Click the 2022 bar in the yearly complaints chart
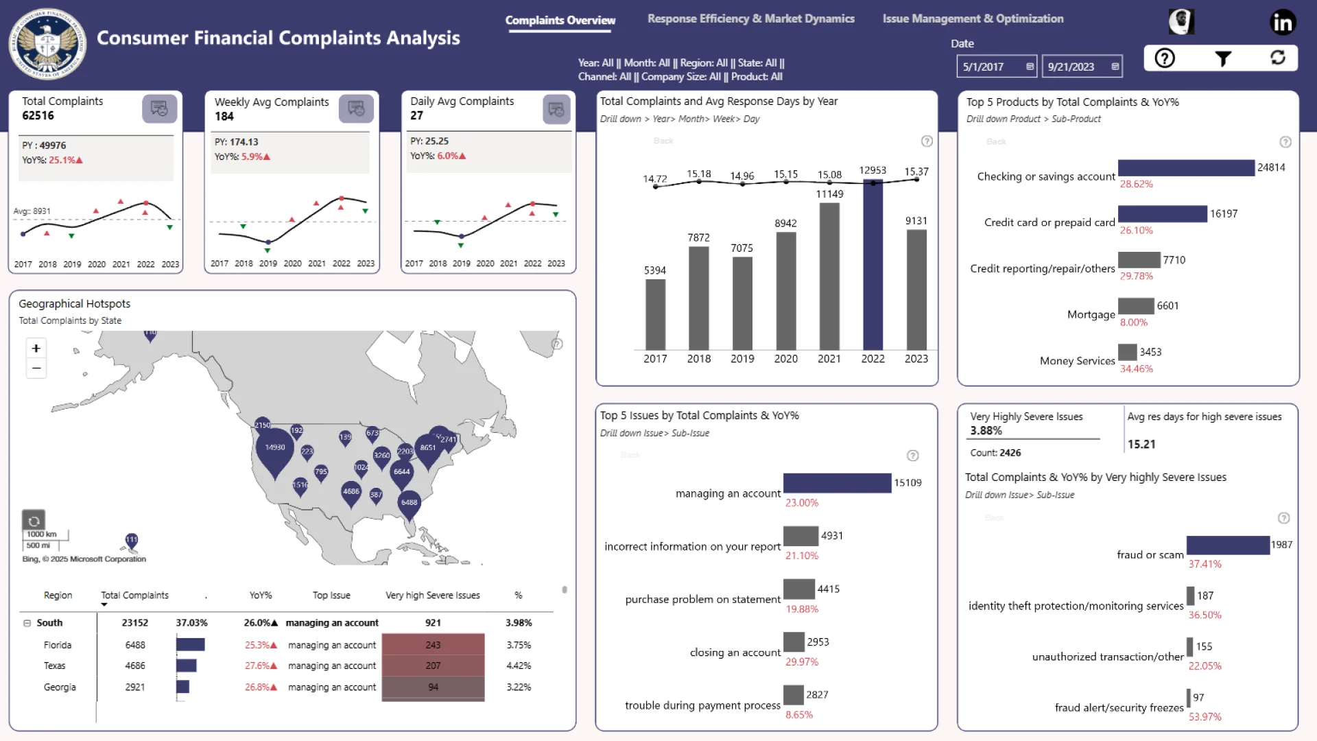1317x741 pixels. (873, 268)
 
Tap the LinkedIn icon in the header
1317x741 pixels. (1282, 23)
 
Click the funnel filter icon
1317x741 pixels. (1222, 58)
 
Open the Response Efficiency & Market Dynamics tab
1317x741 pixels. (750, 19)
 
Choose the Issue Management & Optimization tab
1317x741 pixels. (973, 19)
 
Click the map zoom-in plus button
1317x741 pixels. (36, 349)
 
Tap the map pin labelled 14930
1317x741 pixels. (274, 450)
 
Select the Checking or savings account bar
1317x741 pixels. (1185, 168)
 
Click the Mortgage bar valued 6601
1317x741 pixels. (1136, 306)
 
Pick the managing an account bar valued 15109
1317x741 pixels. (837, 483)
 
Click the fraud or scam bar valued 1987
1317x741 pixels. (1227, 545)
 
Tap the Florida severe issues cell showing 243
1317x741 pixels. (433, 645)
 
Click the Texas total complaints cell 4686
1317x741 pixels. (135, 666)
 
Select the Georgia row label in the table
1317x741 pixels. (60, 687)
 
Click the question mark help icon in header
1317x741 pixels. (1165, 58)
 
